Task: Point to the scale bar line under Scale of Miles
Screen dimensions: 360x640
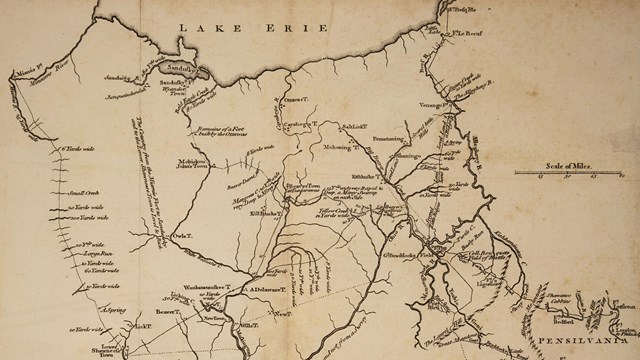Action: pyautogui.click(x=555, y=175)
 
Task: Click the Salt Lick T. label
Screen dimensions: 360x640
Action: pyautogui.click(x=356, y=127)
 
